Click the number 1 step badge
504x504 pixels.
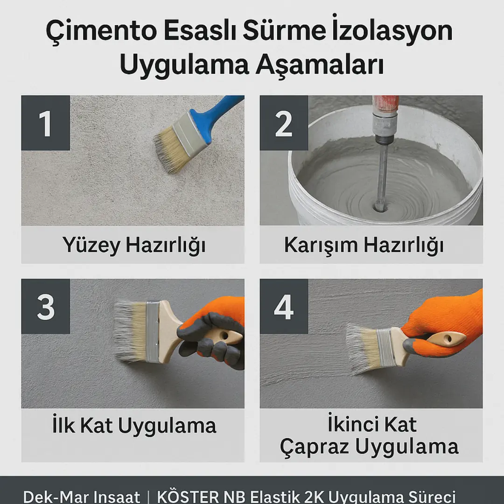tap(45, 123)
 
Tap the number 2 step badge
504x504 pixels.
tap(284, 123)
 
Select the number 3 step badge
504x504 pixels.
tap(45, 307)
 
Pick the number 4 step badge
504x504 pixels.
tap(284, 307)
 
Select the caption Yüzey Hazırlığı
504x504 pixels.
tap(133, 245)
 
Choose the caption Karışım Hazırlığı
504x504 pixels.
tap(364, 245)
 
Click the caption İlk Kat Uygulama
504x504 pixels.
tap(133, 425)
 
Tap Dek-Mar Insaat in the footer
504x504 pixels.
tap(82, 496)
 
